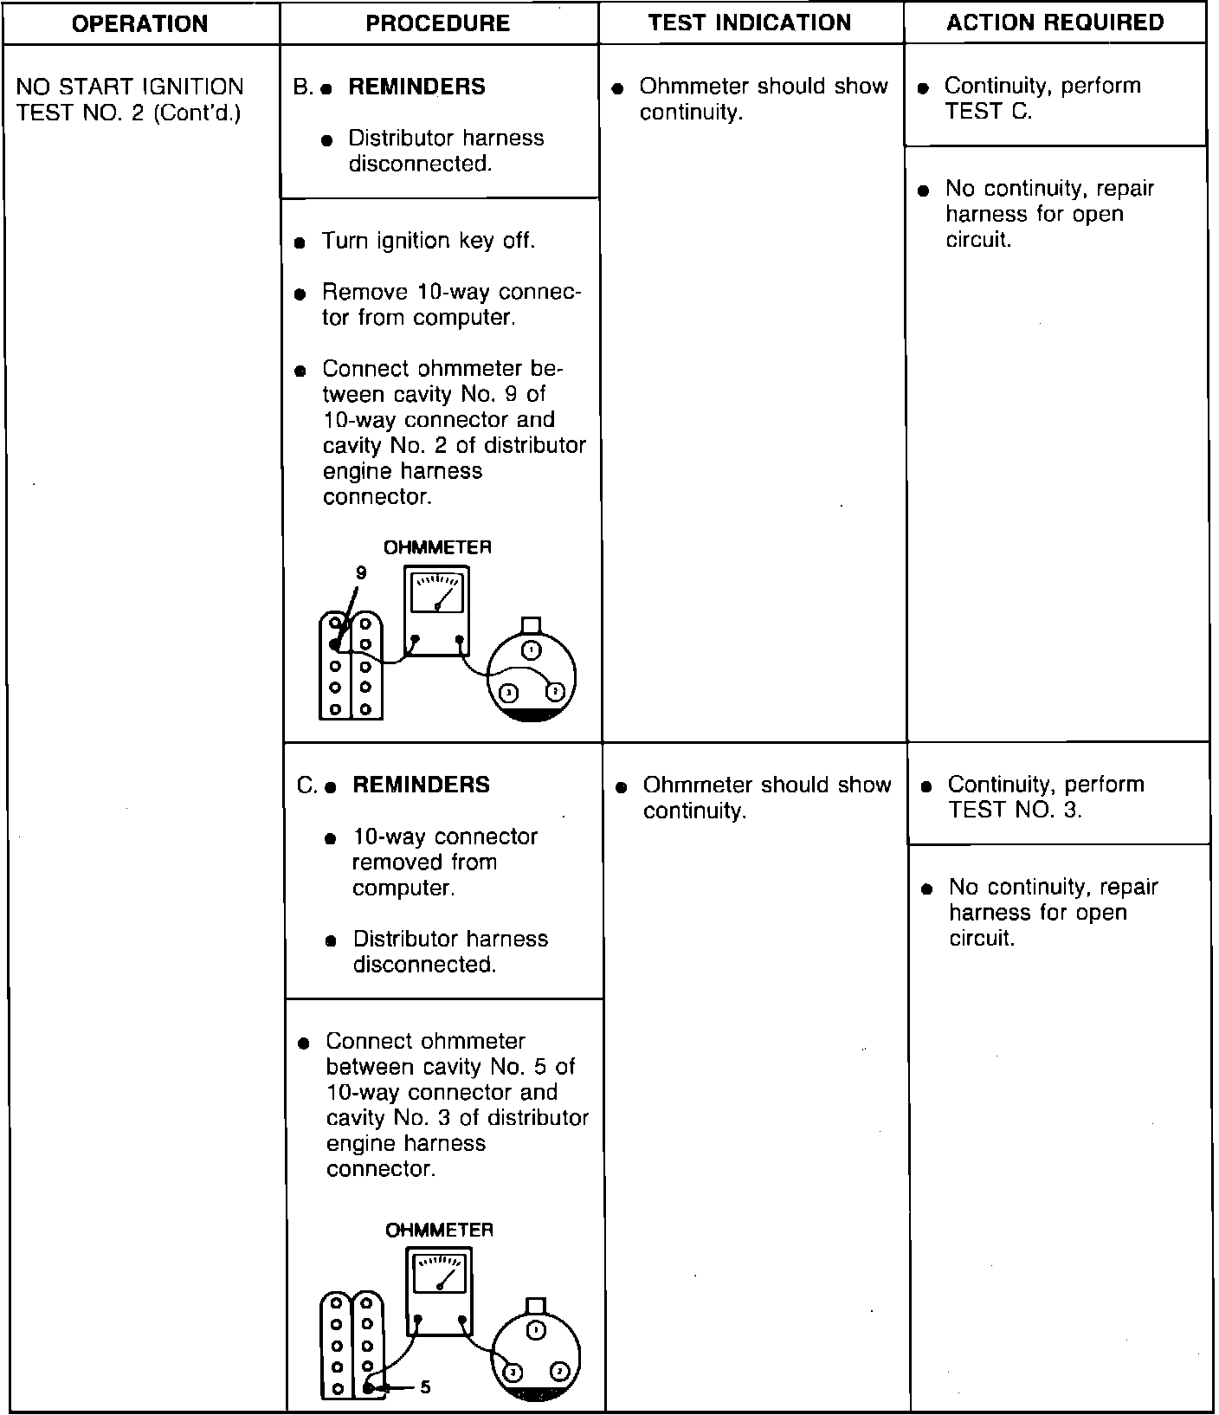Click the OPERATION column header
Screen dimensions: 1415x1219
pos(139,23)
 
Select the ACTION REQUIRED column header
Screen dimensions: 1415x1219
pos(1055,23)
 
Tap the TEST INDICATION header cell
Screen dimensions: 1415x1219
pos(750,23)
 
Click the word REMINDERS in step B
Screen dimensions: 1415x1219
pos(416,87)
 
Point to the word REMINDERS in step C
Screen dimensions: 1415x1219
pos(421,785)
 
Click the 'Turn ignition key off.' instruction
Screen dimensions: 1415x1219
pos(429,241)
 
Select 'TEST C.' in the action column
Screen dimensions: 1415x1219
pos(988,112)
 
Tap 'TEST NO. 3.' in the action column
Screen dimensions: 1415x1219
pos(1015,810)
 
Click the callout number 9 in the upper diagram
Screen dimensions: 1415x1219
pos(361,572)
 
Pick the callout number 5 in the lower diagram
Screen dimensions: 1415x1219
pos(425,1387)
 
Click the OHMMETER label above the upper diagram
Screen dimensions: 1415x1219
pos(437,547)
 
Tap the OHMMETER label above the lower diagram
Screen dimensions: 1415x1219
pos(439,1230)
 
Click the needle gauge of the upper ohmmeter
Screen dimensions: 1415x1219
pos(436,593)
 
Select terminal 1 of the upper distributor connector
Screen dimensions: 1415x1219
pos(532,649)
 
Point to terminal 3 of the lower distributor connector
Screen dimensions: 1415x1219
pos(513,1373)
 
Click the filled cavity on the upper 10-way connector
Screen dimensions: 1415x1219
pos(335,644)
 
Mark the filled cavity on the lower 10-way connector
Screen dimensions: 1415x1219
pos(368,1388)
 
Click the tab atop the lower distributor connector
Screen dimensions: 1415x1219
pos(536,1306)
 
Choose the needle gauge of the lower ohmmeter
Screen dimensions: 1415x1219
pos(440,1275)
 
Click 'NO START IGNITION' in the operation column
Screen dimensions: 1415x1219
pos(130,87)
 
